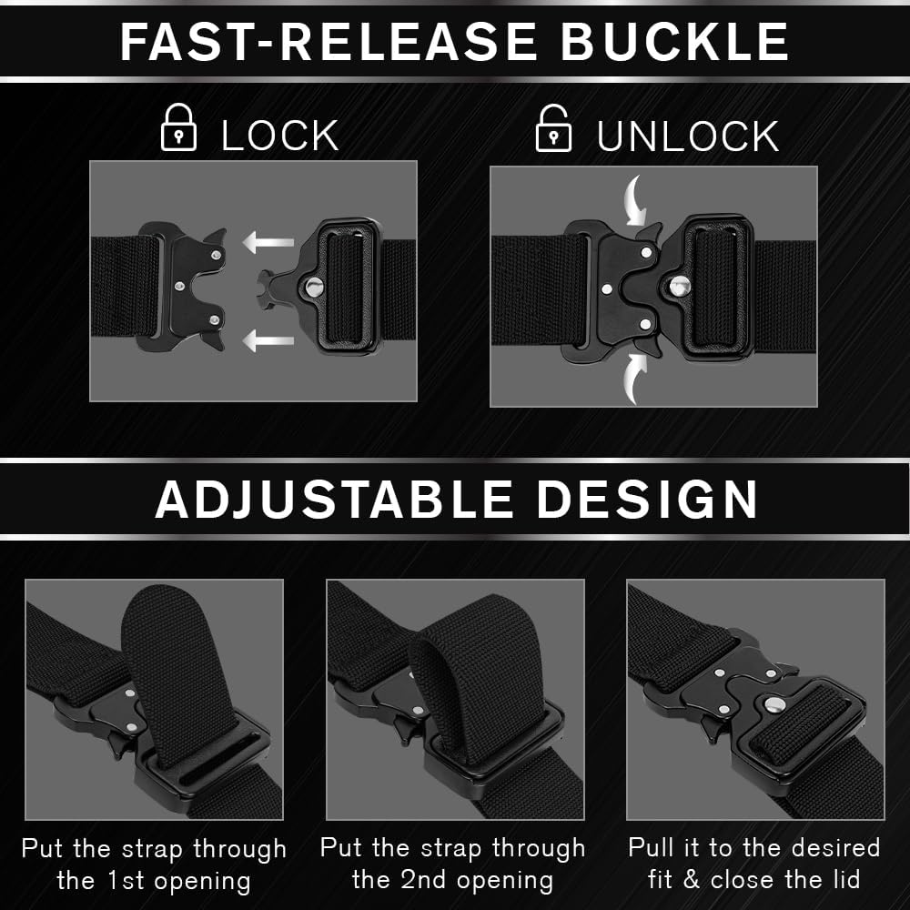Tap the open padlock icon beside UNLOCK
[x=553, y=129]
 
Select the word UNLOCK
[x=688, y=136]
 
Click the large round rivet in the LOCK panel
[x=314, y=288]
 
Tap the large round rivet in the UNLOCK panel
[x=678, y=286]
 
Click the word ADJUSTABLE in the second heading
[x=335, y=499]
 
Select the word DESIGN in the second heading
[x=647, y=499]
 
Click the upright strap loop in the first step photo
[x=173, y=655]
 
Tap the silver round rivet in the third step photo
[x=774, y=704]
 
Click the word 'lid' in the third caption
[x=844, y=880]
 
